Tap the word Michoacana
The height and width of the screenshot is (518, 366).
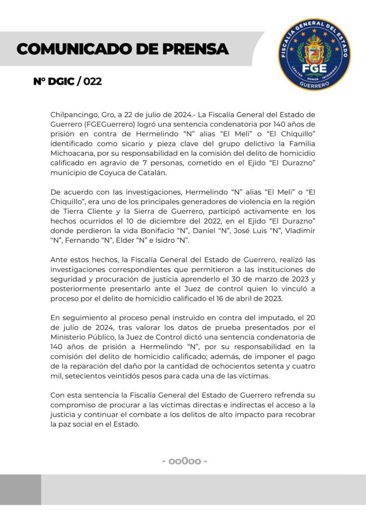pos(71,151)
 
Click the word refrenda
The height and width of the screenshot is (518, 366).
pos(289,395)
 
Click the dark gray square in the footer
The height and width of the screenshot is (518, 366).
pos(20,490)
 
